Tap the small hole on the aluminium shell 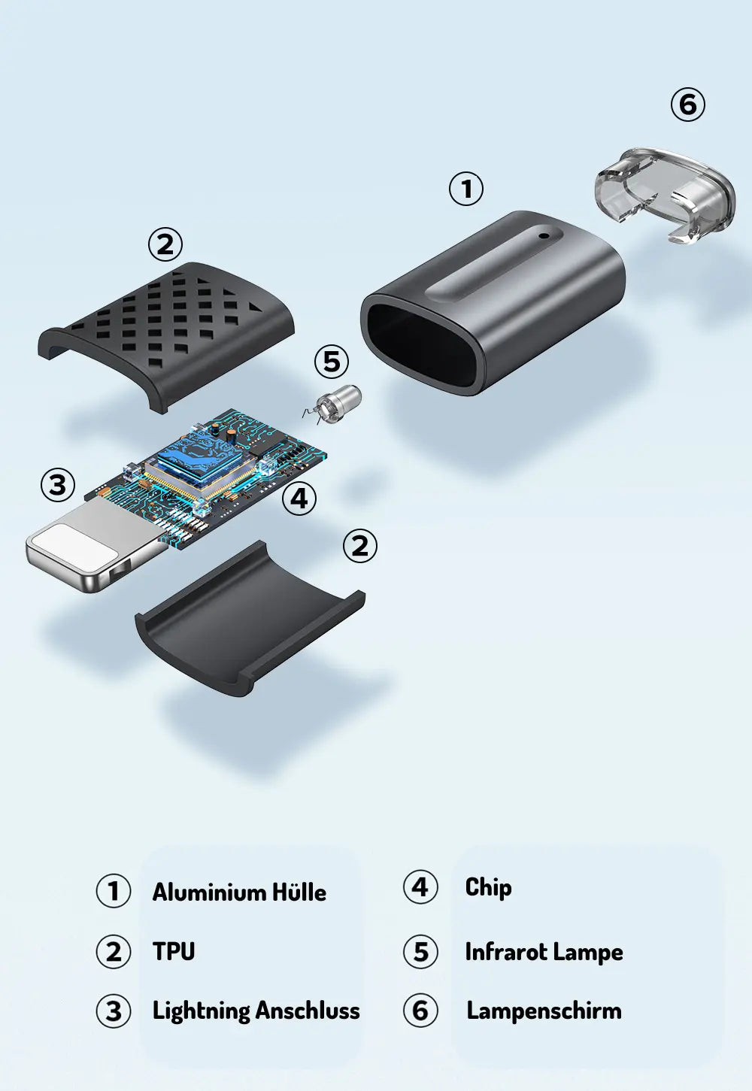pyautogui.click(x=544, y=236)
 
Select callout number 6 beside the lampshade pyautogui.click(x=688, y=105)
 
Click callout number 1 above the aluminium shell pyautogui.click(x=466, y=189)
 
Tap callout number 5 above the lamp pyautogui.click(x=332, y=362)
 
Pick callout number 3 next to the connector pyautogui.click(x=58, y=485)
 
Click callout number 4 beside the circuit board pyautogui.click(x=299, y=499)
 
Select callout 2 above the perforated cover pyautogui.click(x=165, y=244)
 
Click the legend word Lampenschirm pyautogui.click(x=544, y=1011)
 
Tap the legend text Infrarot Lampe pyautogui.click(x=544, y=952)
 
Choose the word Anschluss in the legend pyautogui.click(x=308, y=1010)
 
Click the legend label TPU pyautogui.click(x=174, y=950)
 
